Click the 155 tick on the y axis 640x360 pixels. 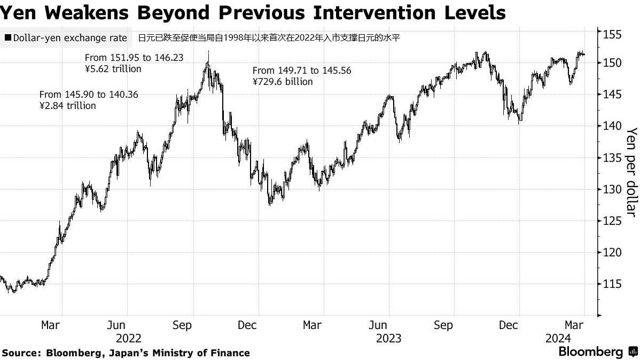point(611,35)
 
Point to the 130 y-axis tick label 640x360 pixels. point(611,189)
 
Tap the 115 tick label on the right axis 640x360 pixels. point(611,284)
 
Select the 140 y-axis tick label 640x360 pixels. point(611,126)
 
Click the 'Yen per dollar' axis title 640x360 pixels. point(631,172)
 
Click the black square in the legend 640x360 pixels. point(7,38)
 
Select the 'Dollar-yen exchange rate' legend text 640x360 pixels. point(70,38)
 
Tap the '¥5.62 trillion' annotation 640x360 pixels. point(113,68)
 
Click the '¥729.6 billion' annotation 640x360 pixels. point(283,82)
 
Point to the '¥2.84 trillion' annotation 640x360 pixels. point(68,106)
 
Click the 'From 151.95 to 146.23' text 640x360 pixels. point(134,57)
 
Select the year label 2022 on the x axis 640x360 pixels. point(128,338)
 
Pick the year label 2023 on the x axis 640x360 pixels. point(388,338)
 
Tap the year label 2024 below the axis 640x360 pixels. point(558,338)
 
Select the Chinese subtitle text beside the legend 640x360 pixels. point(269,38)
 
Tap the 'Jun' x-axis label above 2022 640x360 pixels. point(116,325)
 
